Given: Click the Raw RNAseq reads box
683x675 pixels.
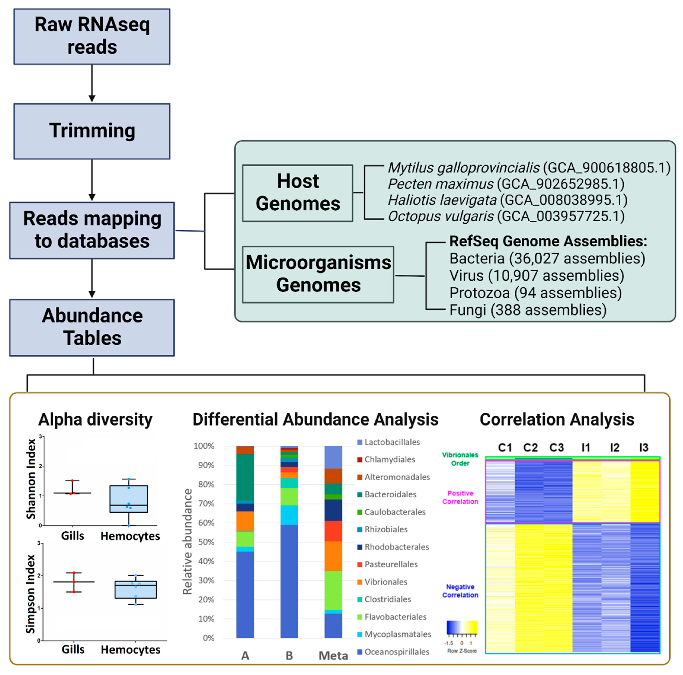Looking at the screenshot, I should [x=92, y=36].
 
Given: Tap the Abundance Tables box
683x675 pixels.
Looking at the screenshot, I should [x=92, y=327].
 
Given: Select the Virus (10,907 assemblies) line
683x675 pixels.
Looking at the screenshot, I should [x=536, y=275].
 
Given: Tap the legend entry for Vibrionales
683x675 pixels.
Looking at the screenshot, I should [x=385, y=582].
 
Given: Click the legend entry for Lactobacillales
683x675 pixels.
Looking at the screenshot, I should [x=392, y=442].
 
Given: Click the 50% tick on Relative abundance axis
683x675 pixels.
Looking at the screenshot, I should [x=204, y=542].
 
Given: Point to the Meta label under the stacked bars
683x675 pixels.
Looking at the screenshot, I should [x=333, y=656].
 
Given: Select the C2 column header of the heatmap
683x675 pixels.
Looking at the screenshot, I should [x=530, y=448].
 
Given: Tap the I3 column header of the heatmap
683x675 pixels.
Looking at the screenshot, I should [x=643, y=448].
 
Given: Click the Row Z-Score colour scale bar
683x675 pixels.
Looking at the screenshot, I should [x=462, y=627].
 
